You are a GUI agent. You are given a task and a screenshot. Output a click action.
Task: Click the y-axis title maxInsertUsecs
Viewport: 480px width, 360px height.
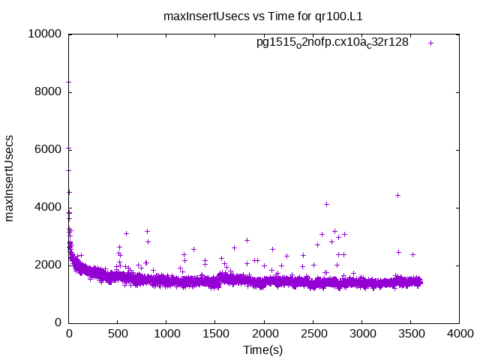pos(10,178)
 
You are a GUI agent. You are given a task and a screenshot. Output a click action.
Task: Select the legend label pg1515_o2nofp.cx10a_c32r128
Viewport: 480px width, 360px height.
pos(332,43)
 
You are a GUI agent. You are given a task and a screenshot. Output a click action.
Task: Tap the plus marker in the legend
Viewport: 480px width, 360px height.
pos(430,43)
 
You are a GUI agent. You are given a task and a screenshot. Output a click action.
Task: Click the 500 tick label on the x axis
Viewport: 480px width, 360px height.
pos(118,334)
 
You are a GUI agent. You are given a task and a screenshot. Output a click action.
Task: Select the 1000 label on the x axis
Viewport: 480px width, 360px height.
pos(166,334)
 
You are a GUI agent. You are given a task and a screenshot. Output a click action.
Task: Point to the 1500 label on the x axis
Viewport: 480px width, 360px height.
pos(215,334)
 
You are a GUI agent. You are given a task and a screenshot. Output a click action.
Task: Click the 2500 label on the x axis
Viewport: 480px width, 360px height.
pos(313,334)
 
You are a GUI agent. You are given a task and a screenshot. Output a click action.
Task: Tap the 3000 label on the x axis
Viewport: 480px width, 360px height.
pos(361,334)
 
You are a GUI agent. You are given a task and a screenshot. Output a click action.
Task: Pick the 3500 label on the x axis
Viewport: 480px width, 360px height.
pos(410,334)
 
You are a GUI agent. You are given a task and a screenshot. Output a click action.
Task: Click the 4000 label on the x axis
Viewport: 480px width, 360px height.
pos(459,334)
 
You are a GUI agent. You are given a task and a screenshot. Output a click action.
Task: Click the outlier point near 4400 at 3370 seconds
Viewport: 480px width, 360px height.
pos(397,195)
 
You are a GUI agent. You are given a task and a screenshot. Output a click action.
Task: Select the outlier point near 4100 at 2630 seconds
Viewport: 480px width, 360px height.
pos(326,204)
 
